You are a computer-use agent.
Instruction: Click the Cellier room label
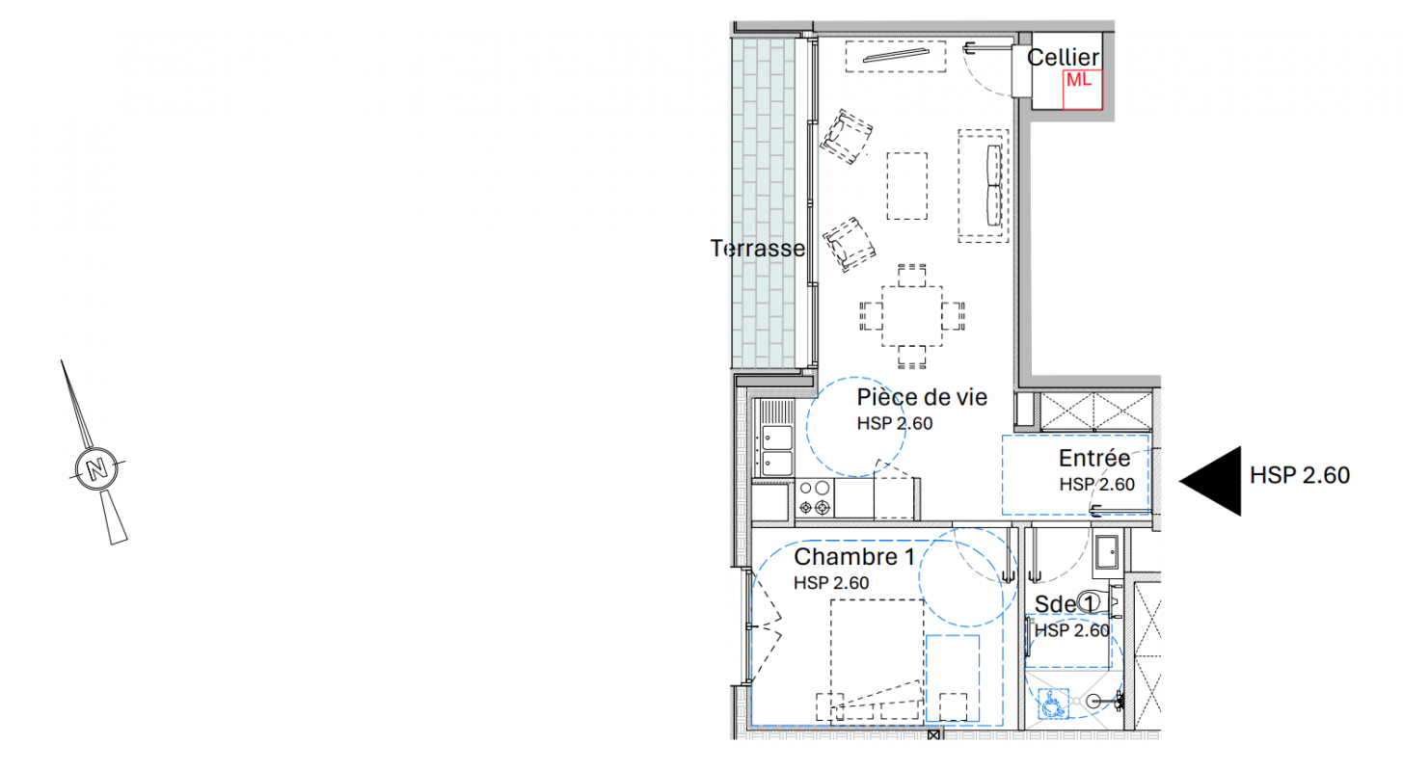point(1063,58)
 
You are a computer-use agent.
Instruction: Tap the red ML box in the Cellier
point(1082,91)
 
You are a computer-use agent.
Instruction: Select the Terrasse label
point(757,249)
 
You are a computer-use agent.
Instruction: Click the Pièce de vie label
point(922,397)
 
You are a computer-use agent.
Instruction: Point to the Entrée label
point(1094,458)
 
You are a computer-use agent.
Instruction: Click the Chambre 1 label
point(854,556)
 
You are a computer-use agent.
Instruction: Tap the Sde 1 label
point(1065,604)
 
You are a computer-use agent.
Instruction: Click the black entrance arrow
point(1210,481)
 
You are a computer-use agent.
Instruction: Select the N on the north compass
point(96,468)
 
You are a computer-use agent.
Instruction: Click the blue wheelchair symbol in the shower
point(1053,704)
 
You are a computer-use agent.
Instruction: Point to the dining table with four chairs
point(912,316)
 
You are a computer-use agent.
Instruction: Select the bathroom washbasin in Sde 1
point(1107,553)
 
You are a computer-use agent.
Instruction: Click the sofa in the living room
point(984,186)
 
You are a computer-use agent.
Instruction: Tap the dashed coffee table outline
point(907,186)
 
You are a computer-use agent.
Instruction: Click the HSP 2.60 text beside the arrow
point(1300,476)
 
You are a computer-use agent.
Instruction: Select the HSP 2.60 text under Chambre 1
point(831,583)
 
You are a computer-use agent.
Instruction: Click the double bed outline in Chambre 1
point(877,657)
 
